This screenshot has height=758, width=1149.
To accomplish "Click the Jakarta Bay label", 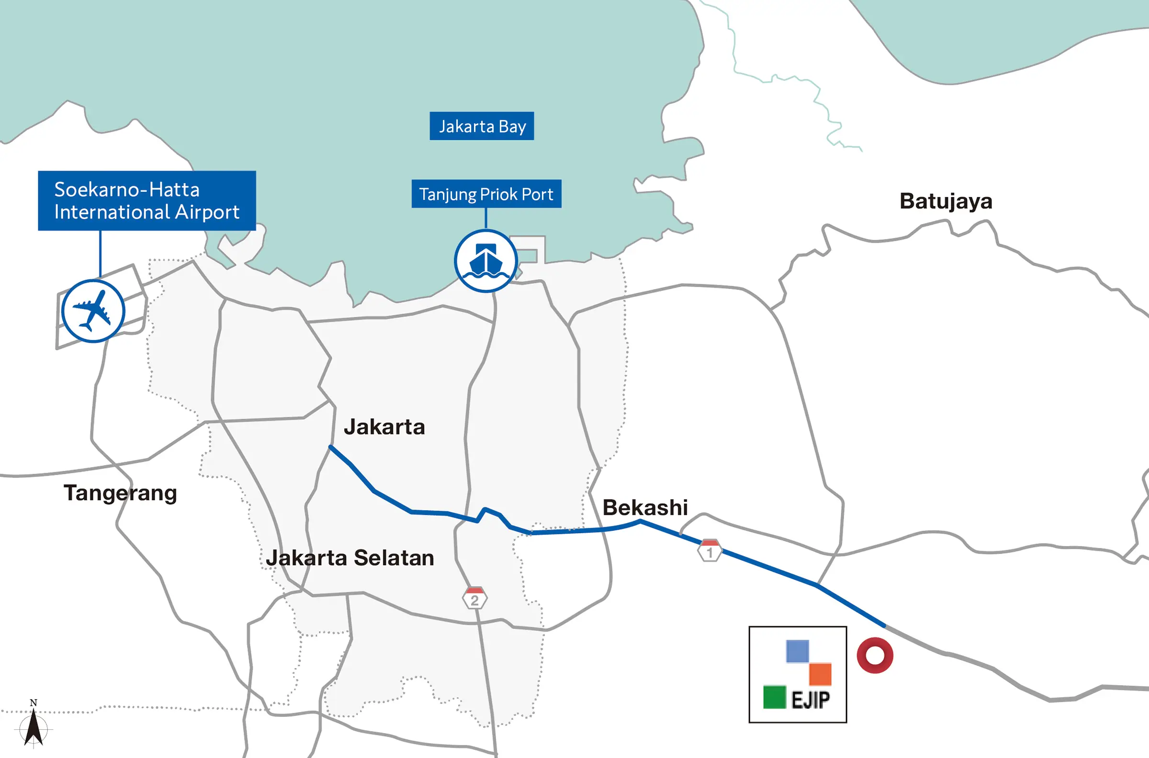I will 482,126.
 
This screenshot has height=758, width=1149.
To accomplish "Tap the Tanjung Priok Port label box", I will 486,194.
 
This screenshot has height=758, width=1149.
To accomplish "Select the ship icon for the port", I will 486,261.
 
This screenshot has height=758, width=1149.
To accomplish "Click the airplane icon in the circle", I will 93,311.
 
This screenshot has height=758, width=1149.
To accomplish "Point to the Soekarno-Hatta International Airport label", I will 146,201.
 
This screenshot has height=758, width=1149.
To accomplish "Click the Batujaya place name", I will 946,201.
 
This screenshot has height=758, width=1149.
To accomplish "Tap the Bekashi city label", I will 644,508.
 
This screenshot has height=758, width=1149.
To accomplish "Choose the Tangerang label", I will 121,493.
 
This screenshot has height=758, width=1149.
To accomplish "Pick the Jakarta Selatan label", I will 349,558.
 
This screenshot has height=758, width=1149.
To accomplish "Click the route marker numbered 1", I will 710,551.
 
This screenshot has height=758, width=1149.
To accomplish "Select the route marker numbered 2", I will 474,599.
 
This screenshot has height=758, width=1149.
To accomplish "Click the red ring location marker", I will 875,656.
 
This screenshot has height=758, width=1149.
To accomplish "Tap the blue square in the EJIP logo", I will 798,651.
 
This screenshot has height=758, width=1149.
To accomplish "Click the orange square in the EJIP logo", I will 820,674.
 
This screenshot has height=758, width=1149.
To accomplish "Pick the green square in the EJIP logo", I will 774,697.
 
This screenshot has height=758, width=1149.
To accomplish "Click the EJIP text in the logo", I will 811,700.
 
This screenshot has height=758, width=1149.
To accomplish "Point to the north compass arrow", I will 34,725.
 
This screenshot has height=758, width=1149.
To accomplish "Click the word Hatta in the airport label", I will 174,189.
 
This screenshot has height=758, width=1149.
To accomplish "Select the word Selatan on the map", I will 394,558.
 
